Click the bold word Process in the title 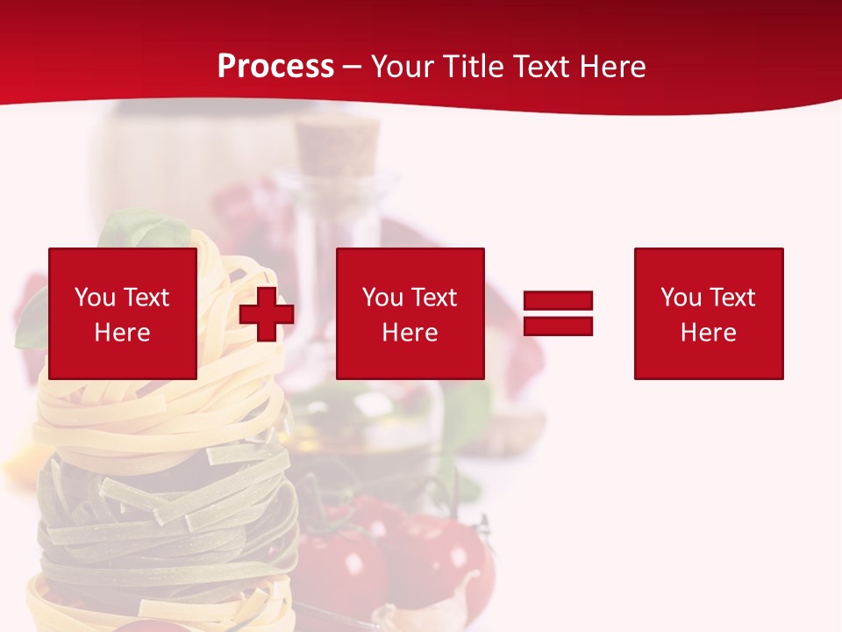[275, 67]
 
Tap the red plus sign [267, 314]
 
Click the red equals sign [558, 313]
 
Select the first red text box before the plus [123, 313]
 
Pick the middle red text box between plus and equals [410, 313]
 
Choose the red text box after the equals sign [709, 313]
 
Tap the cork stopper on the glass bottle [338, 146]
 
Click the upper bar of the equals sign [558, 301]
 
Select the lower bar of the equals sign [558, 326]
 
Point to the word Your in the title [403, 67]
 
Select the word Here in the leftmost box [123, 333]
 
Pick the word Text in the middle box [433, 298]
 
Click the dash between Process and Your [353, 68]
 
